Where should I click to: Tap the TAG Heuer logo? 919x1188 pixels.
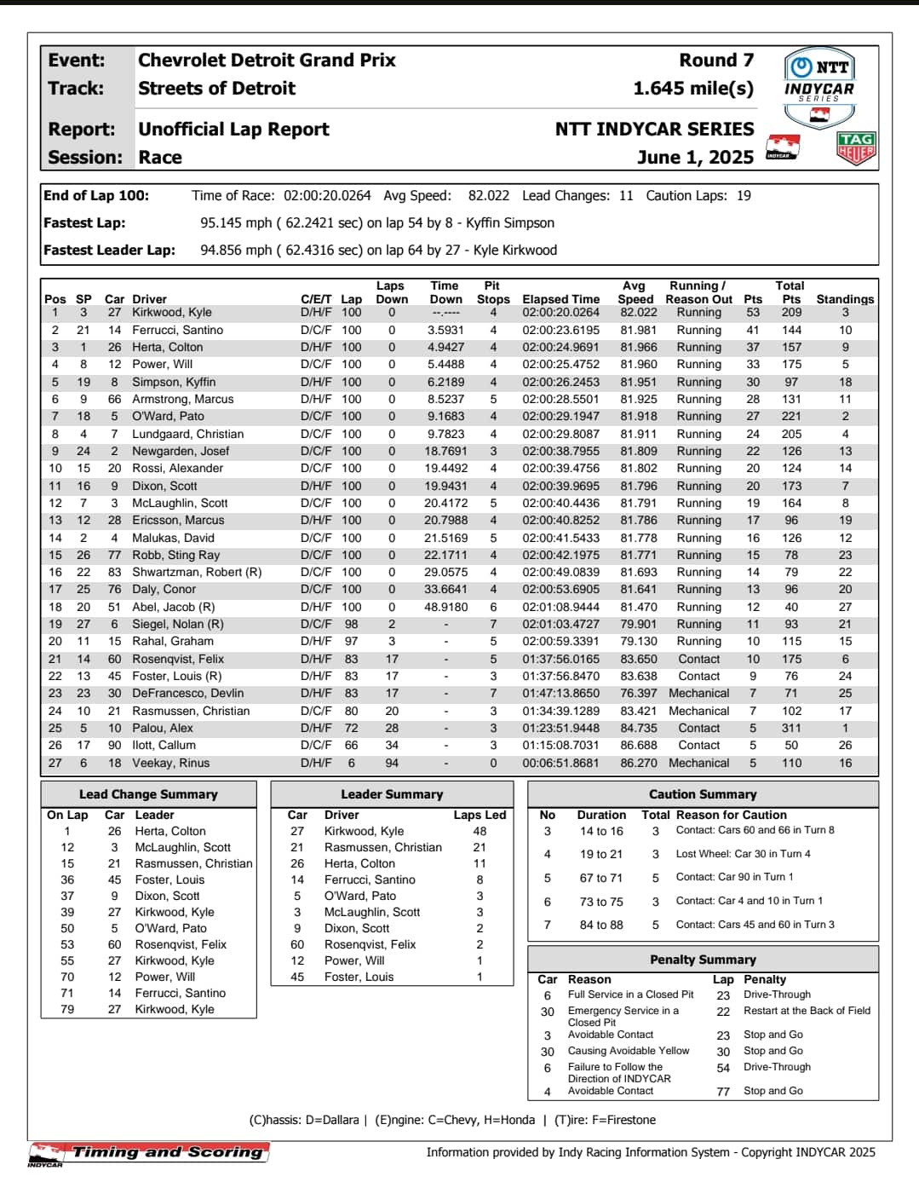pos(855,148)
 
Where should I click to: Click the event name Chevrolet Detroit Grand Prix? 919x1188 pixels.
pos(267,61)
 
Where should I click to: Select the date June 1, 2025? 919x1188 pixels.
pos(695,158)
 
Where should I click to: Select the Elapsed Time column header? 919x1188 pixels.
pos(560,299)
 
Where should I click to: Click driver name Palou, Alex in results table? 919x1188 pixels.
pos(163,729)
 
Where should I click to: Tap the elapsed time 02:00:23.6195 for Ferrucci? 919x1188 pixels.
pos(560,331)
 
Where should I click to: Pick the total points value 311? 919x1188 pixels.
pos(791,729)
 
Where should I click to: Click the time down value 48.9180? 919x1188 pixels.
pos(446,608)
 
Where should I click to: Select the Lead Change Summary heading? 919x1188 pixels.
pos(148,794)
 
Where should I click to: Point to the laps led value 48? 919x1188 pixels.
pos(480,831)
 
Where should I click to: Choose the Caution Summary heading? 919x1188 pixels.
pos(703,794)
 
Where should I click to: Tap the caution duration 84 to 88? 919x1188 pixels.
pos(601,925)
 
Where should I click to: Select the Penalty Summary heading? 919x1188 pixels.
pos(703,960)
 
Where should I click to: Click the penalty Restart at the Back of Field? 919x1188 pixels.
pos(807,1011)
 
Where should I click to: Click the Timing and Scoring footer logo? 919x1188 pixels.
pos(149,1153)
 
